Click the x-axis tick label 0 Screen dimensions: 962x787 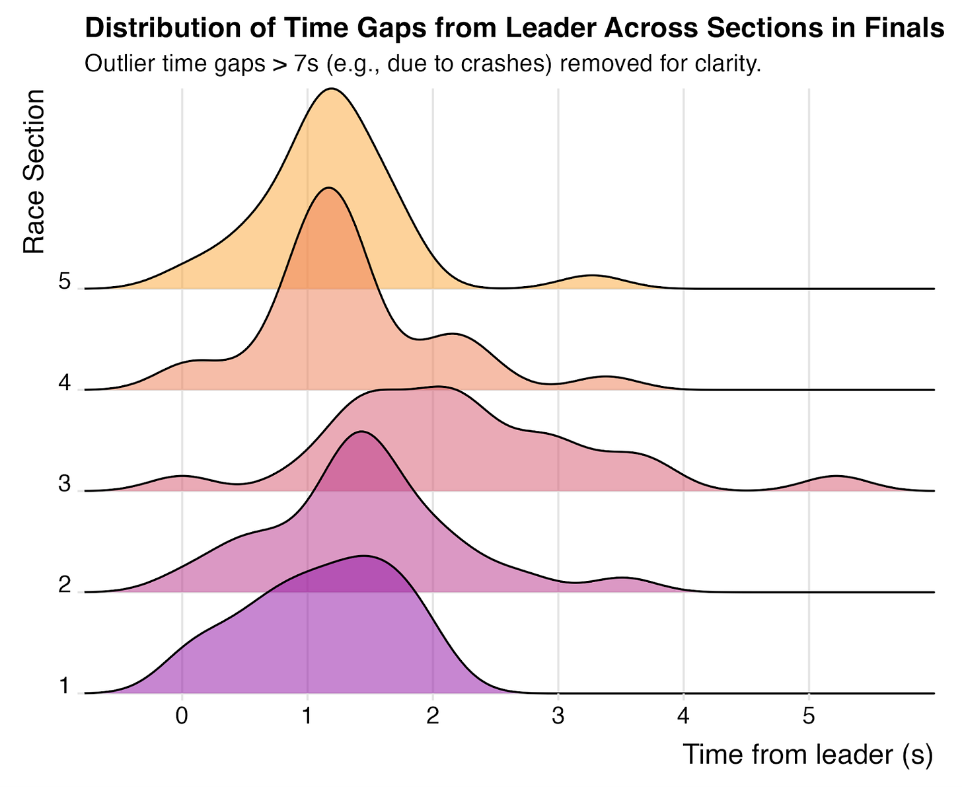click(182, 716)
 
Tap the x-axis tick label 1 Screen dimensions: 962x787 click(307, 716)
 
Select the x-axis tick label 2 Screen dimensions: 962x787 click(432, 716)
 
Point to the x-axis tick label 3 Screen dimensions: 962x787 click(558, 716)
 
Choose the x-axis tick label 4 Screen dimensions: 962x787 click(683, 716)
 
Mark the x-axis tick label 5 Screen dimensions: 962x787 click(809, 716)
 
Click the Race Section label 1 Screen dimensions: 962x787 click(64, 686)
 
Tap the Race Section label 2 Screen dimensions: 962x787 click(64, 585)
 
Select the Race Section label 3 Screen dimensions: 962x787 click(64, 484)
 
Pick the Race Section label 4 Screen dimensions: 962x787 click(64, 383)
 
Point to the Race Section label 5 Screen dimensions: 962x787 click(64, 281)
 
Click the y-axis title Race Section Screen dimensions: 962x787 click(34, 172)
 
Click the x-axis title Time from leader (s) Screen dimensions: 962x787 click(808, 754)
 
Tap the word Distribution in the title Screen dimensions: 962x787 click(180, 28)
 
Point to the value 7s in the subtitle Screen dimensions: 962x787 click(306, 63)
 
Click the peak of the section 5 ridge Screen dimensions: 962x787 click(332, 89)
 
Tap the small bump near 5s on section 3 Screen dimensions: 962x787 click(836, 476)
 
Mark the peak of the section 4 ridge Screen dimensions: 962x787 click(328, 188)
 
